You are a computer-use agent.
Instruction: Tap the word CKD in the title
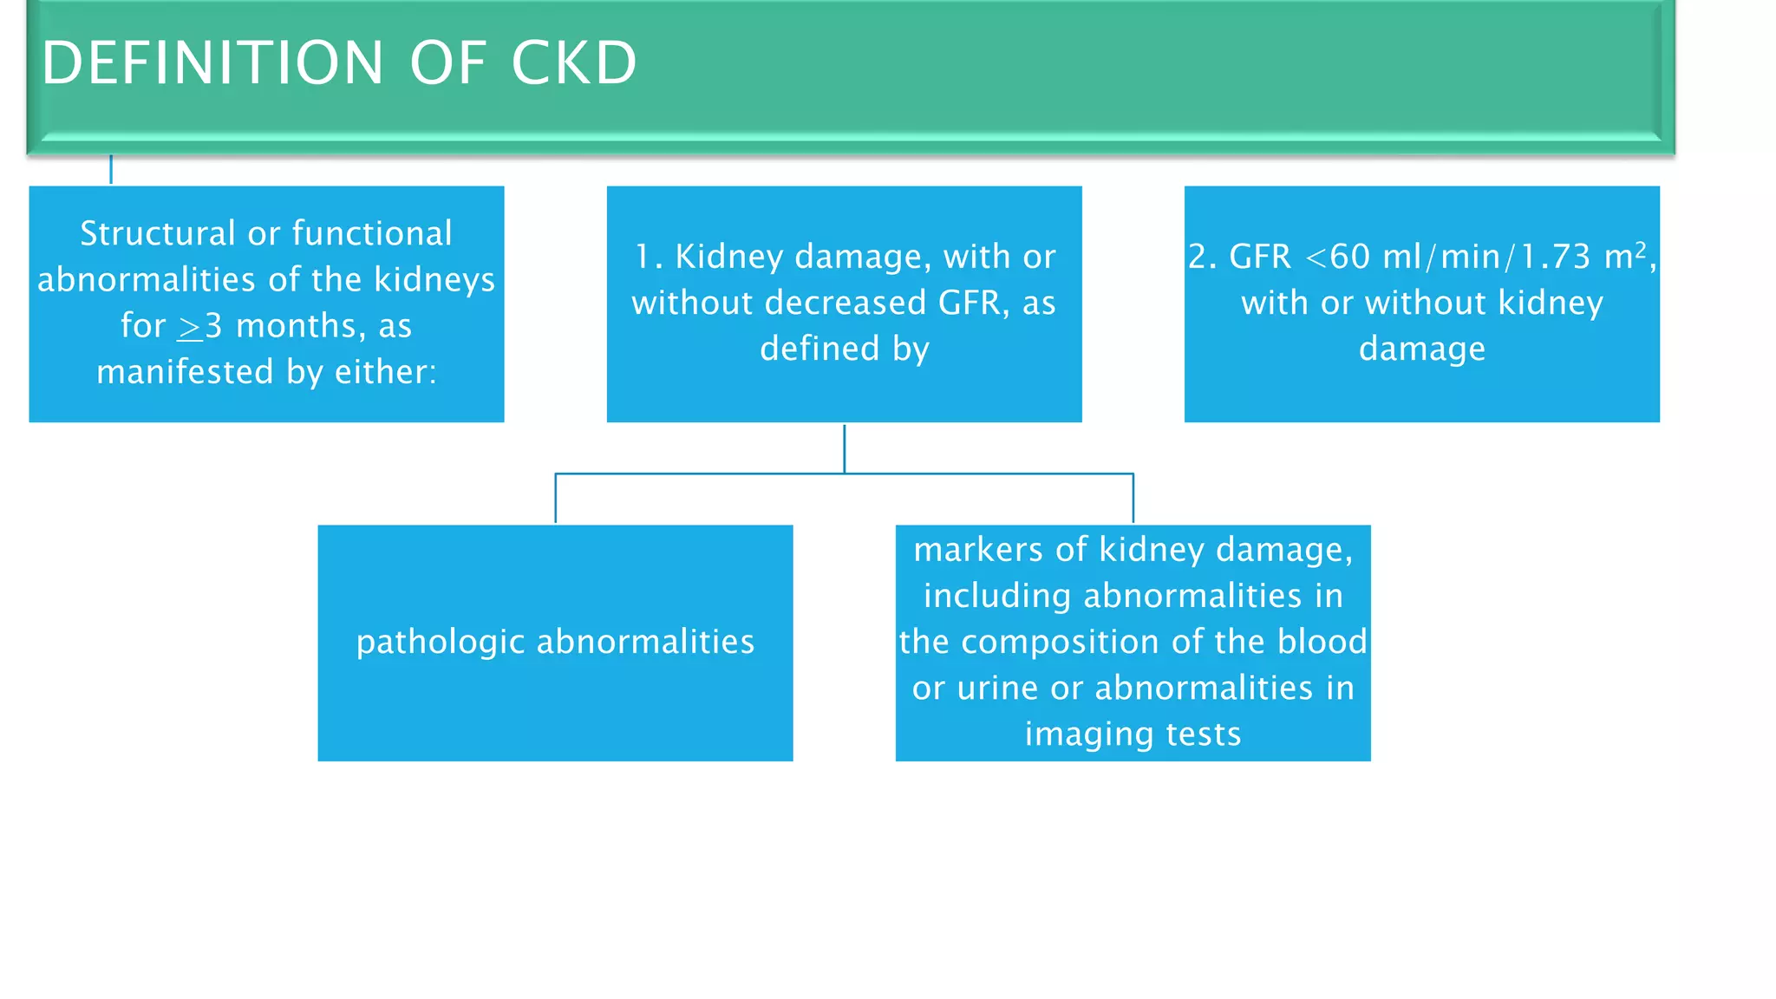coord(574,63)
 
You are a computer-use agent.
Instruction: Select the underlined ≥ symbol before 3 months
coord(189,327)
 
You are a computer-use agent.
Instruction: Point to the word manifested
coord(185,372)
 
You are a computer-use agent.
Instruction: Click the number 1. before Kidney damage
coord(649,257)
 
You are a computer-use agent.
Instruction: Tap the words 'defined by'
coord(844,349)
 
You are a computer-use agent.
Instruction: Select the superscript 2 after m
coord(1640,249)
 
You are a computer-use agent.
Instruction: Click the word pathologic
coord(441,642)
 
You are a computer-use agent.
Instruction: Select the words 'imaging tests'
coord(1133,734)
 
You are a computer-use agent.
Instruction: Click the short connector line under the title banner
coord(111,169)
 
